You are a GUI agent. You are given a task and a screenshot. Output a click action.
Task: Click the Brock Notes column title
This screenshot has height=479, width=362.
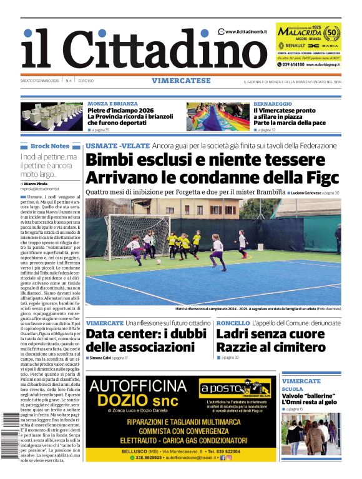click(49, 146)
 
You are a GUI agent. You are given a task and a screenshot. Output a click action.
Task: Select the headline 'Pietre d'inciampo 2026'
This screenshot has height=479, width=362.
click(120, 110)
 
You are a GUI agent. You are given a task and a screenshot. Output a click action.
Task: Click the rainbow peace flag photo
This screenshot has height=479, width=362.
click(217, 116)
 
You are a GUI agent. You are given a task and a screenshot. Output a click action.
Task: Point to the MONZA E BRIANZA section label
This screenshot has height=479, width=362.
click(113, 103)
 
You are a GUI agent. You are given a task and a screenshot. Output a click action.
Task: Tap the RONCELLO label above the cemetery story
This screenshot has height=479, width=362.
click(233, 323)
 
